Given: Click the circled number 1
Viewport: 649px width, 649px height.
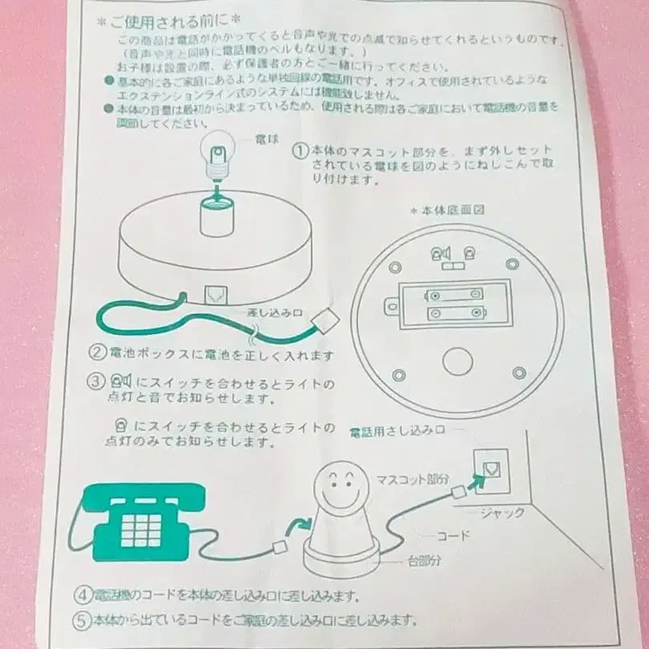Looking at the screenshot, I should [x=300, y=151].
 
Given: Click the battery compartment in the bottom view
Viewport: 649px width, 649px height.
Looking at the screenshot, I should [x=454, y=305].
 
